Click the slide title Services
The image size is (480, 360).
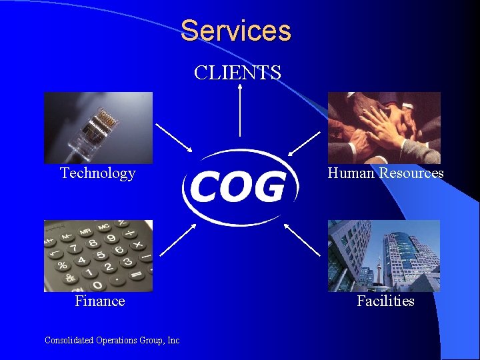[x=235, y=31]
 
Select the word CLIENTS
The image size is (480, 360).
[x=237, y=72]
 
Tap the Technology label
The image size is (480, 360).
[x=97, y=173]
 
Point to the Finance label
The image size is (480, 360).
[x=99, y=301]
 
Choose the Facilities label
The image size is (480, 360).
[x=385, y=301]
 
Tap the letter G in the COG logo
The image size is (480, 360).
[x=272, y=187]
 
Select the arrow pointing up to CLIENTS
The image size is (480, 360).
[x=239, y=113]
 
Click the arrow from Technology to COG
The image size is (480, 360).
[x=174, y=137]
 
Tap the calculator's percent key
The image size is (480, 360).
[x=63, y=265]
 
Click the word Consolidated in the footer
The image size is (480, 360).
[x=69, y=340]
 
